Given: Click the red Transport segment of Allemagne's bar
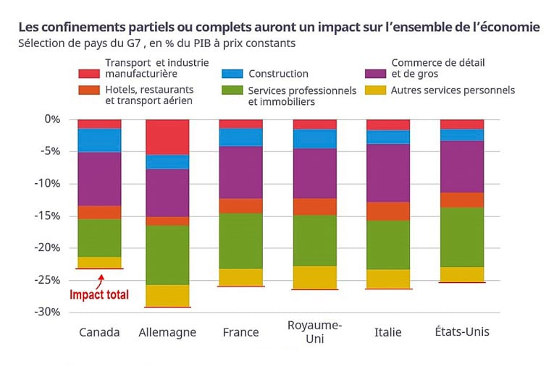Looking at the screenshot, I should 167,137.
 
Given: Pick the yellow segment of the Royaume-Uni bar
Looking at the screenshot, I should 315,277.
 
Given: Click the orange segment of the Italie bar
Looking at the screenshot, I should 388,211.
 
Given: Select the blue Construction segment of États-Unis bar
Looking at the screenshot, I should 462,135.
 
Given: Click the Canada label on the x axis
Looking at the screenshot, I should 99,332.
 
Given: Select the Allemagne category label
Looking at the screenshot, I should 167,332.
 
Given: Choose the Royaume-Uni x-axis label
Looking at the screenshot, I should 315,331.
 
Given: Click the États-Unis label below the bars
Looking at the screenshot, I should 462,332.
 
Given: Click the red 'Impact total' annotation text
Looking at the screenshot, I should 99,294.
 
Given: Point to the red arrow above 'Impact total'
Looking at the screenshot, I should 102,278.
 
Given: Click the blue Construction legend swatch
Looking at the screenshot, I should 232,74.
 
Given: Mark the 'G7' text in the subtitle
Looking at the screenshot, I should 133,43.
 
